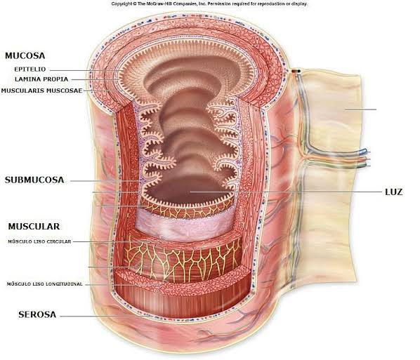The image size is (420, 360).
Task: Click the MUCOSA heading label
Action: pyautogui.click(x=25, y=55)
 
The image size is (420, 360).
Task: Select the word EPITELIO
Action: pyautogui.click(x=30, y=69)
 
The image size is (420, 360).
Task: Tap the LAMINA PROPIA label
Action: pyautogui.click(x=41, y=79)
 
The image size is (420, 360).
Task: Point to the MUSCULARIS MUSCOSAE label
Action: pyautogui.click(x=41, y=91)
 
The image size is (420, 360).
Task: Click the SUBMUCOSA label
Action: pyautogui.click(x=34, y=180)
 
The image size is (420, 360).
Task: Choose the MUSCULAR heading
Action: pyautogui.click(x=34, y=227)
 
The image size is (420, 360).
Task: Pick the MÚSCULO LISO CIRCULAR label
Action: pyautogui.click(x=39, y=241)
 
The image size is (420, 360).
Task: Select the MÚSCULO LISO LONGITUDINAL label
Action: pyautogui.click(x=45, y=284)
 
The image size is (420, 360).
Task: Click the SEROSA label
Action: pyautogui.click(x=37, y=314)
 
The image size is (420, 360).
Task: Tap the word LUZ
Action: pyautogui.click(x=394, y=192)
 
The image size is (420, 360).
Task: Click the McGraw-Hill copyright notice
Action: pyautogui.click(x=209, y=4)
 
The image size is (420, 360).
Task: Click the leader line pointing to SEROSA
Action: pyautogui.click(x=105, y=316)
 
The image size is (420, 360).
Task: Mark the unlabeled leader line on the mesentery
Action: pyautogui.click(x=361, y=109)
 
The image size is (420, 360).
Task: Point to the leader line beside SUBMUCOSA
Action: pyautogui.click(x=106, y=181)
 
